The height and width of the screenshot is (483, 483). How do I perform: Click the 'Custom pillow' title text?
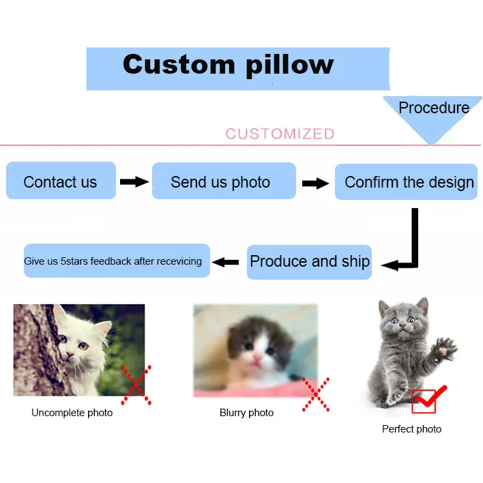pos(228,65)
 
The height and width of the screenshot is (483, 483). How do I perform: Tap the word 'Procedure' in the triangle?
pos(433,108)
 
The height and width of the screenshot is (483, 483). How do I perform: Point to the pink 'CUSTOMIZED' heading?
pos(280,134)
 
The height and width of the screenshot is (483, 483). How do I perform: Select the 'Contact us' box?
pos(61,181)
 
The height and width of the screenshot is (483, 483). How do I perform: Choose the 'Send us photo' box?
pos(223,181)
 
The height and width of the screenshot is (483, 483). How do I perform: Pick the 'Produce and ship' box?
pos(309,262)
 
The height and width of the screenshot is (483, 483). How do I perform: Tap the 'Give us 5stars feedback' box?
pos(116,261)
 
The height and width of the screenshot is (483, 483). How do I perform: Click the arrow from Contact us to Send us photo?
pos(134,181)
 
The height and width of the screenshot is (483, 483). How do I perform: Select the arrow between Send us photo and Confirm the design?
pos(315,183)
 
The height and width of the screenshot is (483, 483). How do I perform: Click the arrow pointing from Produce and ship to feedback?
pos(226,261)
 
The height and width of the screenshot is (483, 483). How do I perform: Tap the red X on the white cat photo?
pos(136,384)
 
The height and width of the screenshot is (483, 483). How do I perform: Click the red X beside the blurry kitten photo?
pos(315,394)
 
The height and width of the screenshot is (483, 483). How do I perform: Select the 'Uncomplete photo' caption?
pos(72,413)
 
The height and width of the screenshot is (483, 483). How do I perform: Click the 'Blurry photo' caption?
pos(246,413)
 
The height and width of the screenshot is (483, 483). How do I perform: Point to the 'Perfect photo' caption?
pos(411,429)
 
